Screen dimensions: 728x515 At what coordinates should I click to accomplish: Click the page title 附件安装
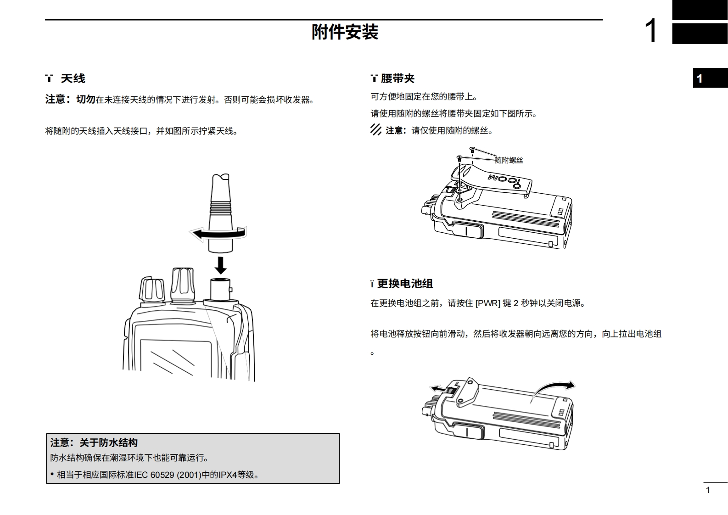pos(345,32)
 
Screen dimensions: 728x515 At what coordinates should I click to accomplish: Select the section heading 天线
pos(73,78)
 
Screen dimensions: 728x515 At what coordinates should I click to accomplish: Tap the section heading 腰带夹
pos(398,78)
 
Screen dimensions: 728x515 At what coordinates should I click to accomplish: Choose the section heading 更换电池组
pos(405,284)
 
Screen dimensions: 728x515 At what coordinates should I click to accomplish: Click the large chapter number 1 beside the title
pos(651,31)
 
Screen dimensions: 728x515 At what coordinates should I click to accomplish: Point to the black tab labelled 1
pos(710,78)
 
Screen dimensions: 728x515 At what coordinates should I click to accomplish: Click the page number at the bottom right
pos(708,490)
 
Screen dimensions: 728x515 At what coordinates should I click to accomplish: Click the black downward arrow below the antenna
pos(221,265)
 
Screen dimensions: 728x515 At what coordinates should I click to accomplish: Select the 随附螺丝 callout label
pos(509,160)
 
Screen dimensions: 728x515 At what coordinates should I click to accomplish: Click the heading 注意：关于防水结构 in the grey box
pos(94,443)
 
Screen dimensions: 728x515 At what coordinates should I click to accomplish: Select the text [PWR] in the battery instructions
pos(487,303)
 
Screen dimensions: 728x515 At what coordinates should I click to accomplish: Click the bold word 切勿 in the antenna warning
pos(86,99)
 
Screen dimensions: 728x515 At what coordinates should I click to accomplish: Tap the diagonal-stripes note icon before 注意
pos(376,130)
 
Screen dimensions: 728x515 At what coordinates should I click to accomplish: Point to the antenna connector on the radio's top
pos(220,289)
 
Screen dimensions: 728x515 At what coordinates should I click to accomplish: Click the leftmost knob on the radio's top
pos(151,290)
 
